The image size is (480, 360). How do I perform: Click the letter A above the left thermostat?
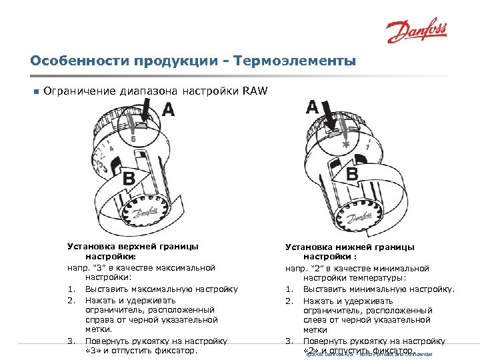tap(169, 110)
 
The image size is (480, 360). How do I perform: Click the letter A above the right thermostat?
tap(312, 106)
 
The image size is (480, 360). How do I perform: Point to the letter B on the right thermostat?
tap(351, 174)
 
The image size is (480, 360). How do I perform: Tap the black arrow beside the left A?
tap(148, 111)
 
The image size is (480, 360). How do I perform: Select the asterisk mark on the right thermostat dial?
tap(345, 145)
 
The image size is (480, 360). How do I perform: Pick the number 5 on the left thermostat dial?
tap(133, 139)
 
